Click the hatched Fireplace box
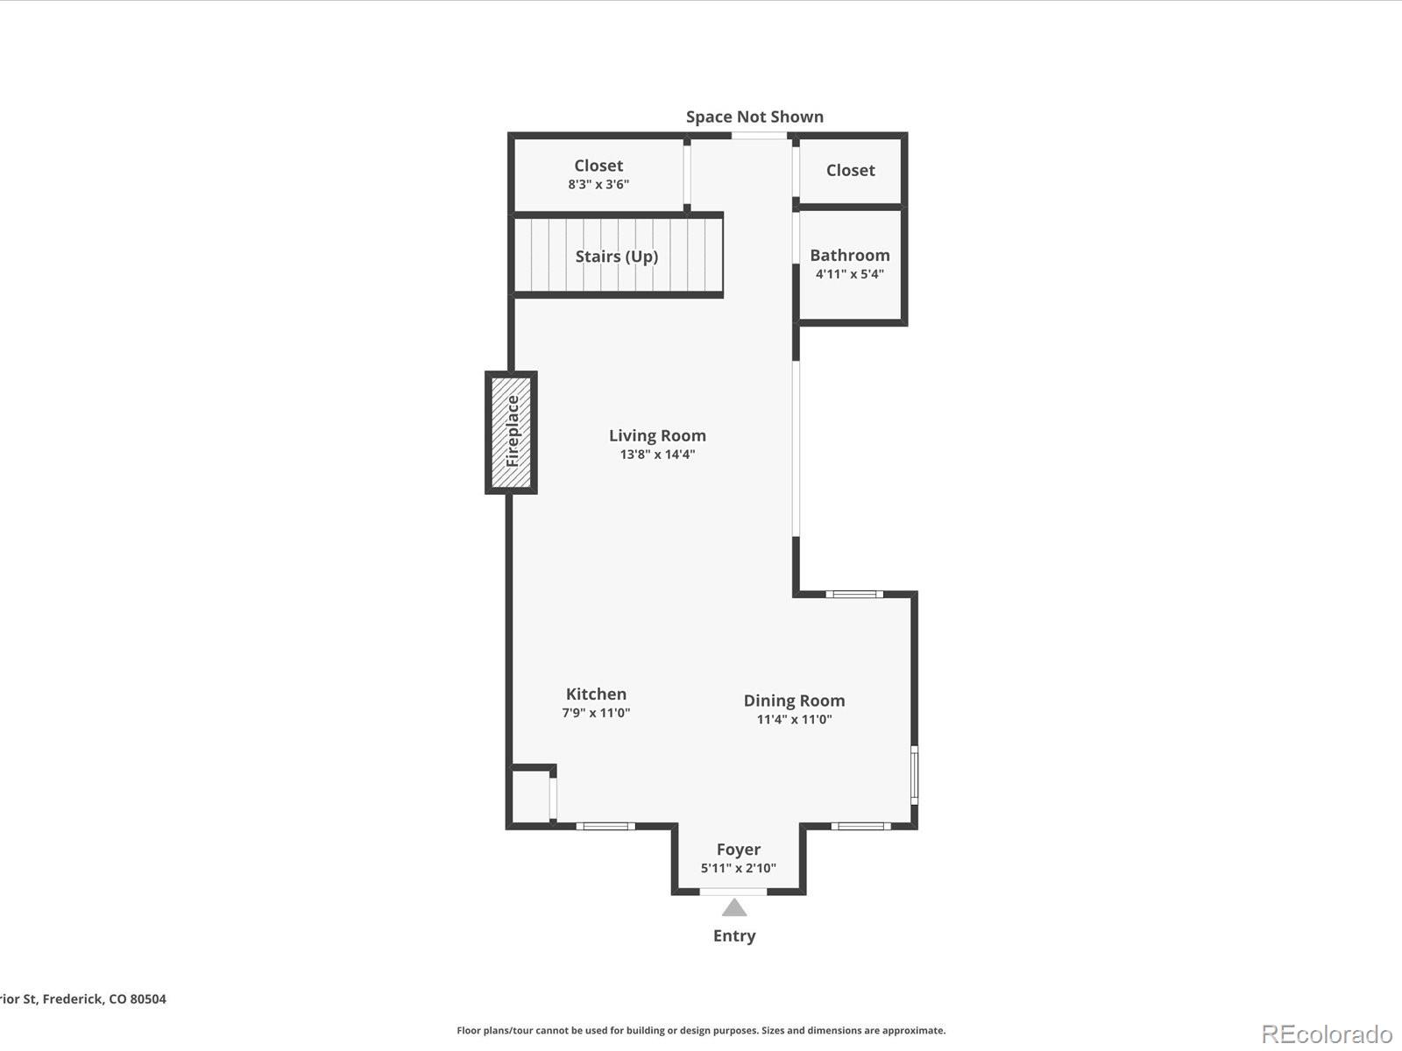tap(512, 432)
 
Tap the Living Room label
tap(657, 435)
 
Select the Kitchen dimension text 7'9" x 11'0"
tap(596, 713)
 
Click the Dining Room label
tap(794, 701)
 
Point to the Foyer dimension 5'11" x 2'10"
tap(738, 869)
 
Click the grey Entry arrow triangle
tap(734, 907)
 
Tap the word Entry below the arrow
tap(734, 935)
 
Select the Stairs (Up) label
tap(616, 256)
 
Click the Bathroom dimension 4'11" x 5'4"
tap(849, 274)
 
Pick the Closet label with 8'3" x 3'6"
tap(598, 166)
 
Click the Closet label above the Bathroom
tap(850, 170)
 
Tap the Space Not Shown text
tap(754, 116)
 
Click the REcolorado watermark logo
tap(1327, 1034)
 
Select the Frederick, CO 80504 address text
tap(83, 998)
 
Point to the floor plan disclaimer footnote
tap(701, 1031)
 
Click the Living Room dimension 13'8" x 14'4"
tap(657, 455)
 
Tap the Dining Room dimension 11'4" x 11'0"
tap(794, 720)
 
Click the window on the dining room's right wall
tap(914, 774)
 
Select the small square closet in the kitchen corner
tap(531, 795)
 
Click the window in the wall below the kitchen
tap(605, 826)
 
